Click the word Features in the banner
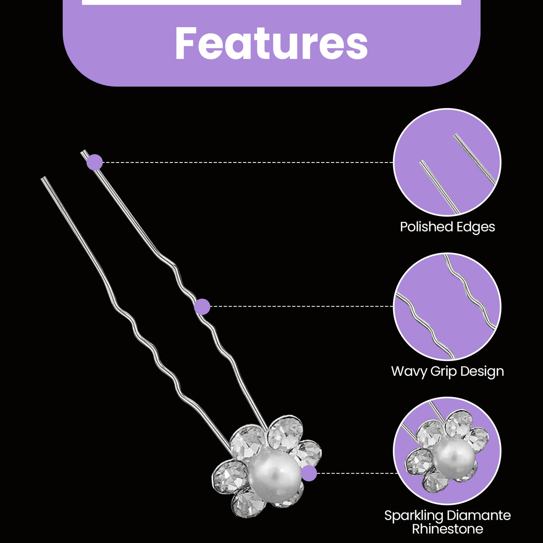(271, 43)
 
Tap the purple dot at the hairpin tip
(95, 162)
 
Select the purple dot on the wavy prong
(202, 307)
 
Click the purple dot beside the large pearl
(309, 473)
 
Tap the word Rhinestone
(448, 529)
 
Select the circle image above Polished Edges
(447, 162)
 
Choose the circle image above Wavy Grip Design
(447, 307)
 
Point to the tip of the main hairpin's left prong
(42, 178)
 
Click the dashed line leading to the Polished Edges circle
(248, 162)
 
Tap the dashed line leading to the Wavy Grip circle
(302, 306)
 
